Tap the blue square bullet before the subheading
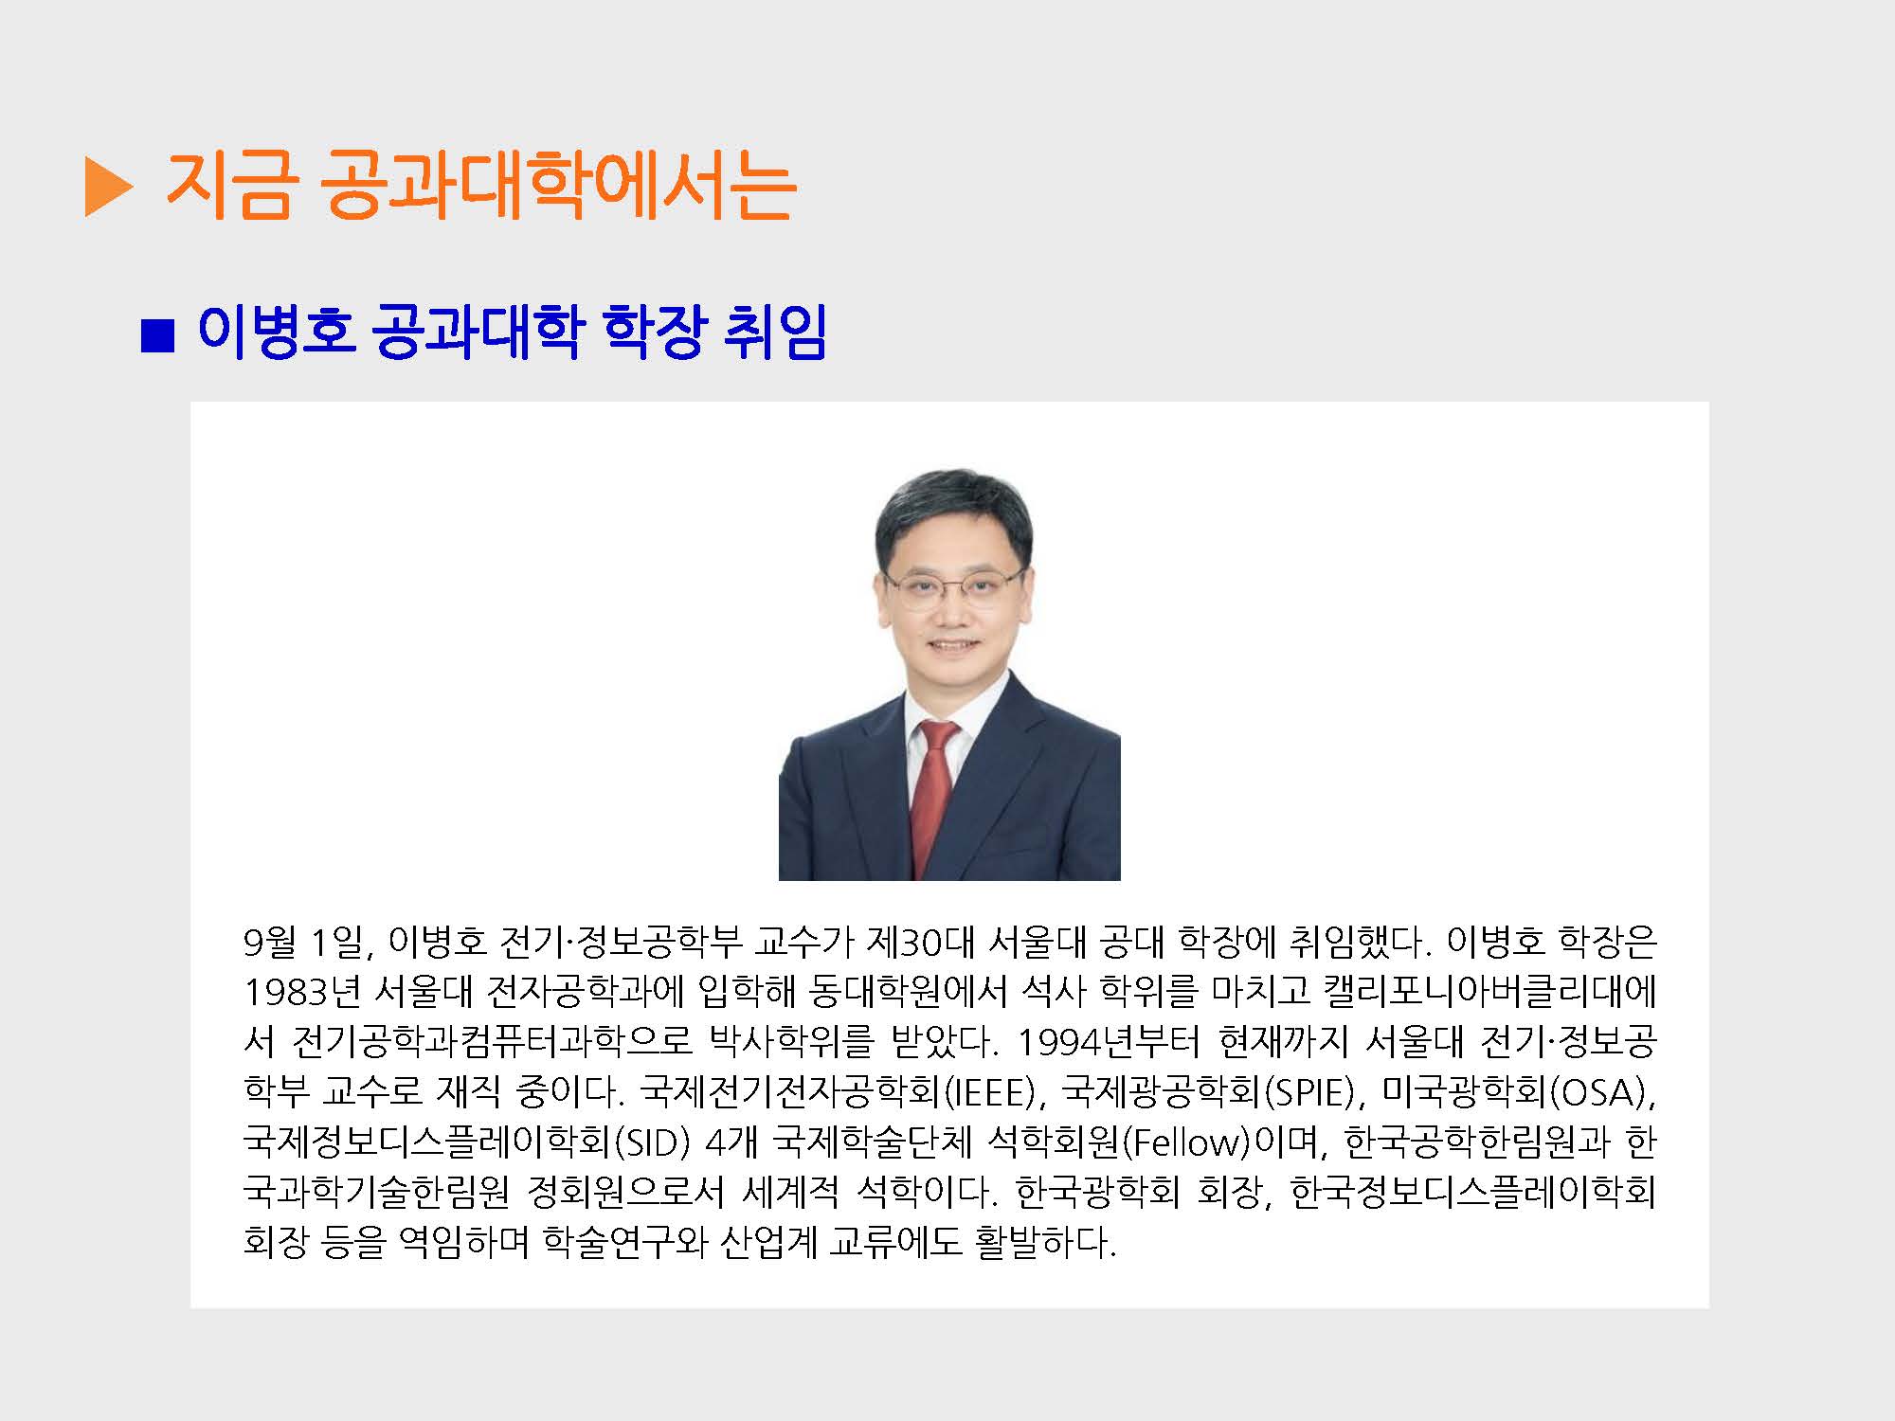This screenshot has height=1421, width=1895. coord(157,336)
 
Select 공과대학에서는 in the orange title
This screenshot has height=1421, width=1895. coord(557,185)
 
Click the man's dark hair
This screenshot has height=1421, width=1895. coord(952,516)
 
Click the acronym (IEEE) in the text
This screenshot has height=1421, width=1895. coord(990,1092)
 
